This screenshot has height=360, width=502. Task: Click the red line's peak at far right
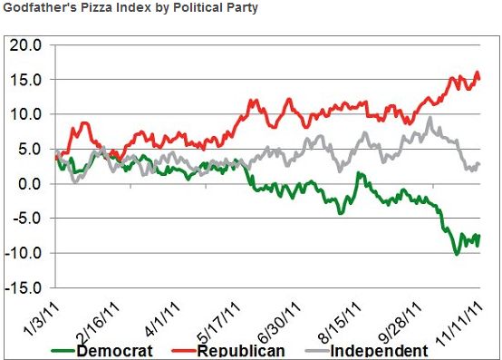(x=478, y=73)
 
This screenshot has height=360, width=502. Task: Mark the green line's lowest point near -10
(x=457, y=254)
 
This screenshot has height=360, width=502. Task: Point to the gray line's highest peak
(x=430, y=118)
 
